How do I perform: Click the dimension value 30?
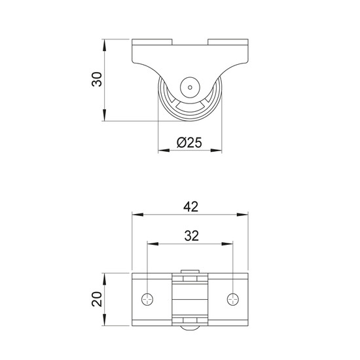97,79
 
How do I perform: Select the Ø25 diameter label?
189,143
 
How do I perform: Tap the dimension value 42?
190,207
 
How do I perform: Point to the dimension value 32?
191,236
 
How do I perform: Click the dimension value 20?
97,299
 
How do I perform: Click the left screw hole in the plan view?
147,299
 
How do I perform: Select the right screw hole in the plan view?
233,299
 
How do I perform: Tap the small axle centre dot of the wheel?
190,88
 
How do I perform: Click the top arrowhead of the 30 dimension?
105,45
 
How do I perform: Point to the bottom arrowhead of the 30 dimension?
105,115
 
